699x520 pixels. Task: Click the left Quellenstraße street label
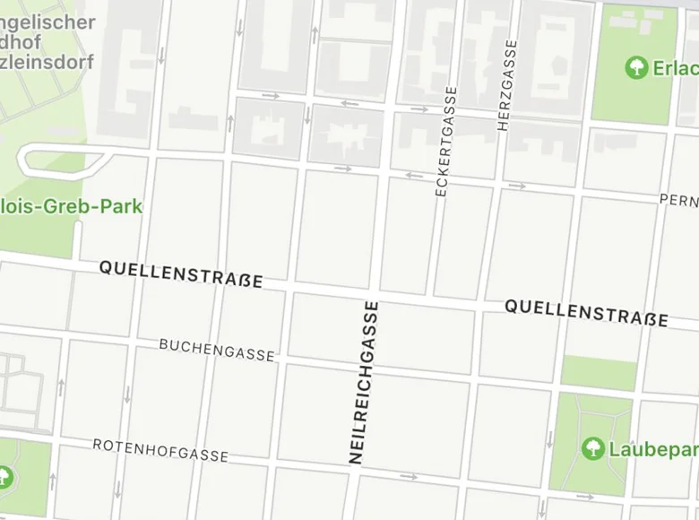coord(181,273)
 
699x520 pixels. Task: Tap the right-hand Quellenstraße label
coord(586,312)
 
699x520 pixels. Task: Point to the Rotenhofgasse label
coord(160,450)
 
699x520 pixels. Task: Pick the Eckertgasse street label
coord(445,141)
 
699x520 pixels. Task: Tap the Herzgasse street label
coord(507,85)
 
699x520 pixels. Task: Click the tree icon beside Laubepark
coord(591,447)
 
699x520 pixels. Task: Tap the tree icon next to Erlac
coord(636,67)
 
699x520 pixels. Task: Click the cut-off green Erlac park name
coord(676,68)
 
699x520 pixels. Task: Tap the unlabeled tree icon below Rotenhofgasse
coord(5,477)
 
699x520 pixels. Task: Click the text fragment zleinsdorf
coord(47,64)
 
